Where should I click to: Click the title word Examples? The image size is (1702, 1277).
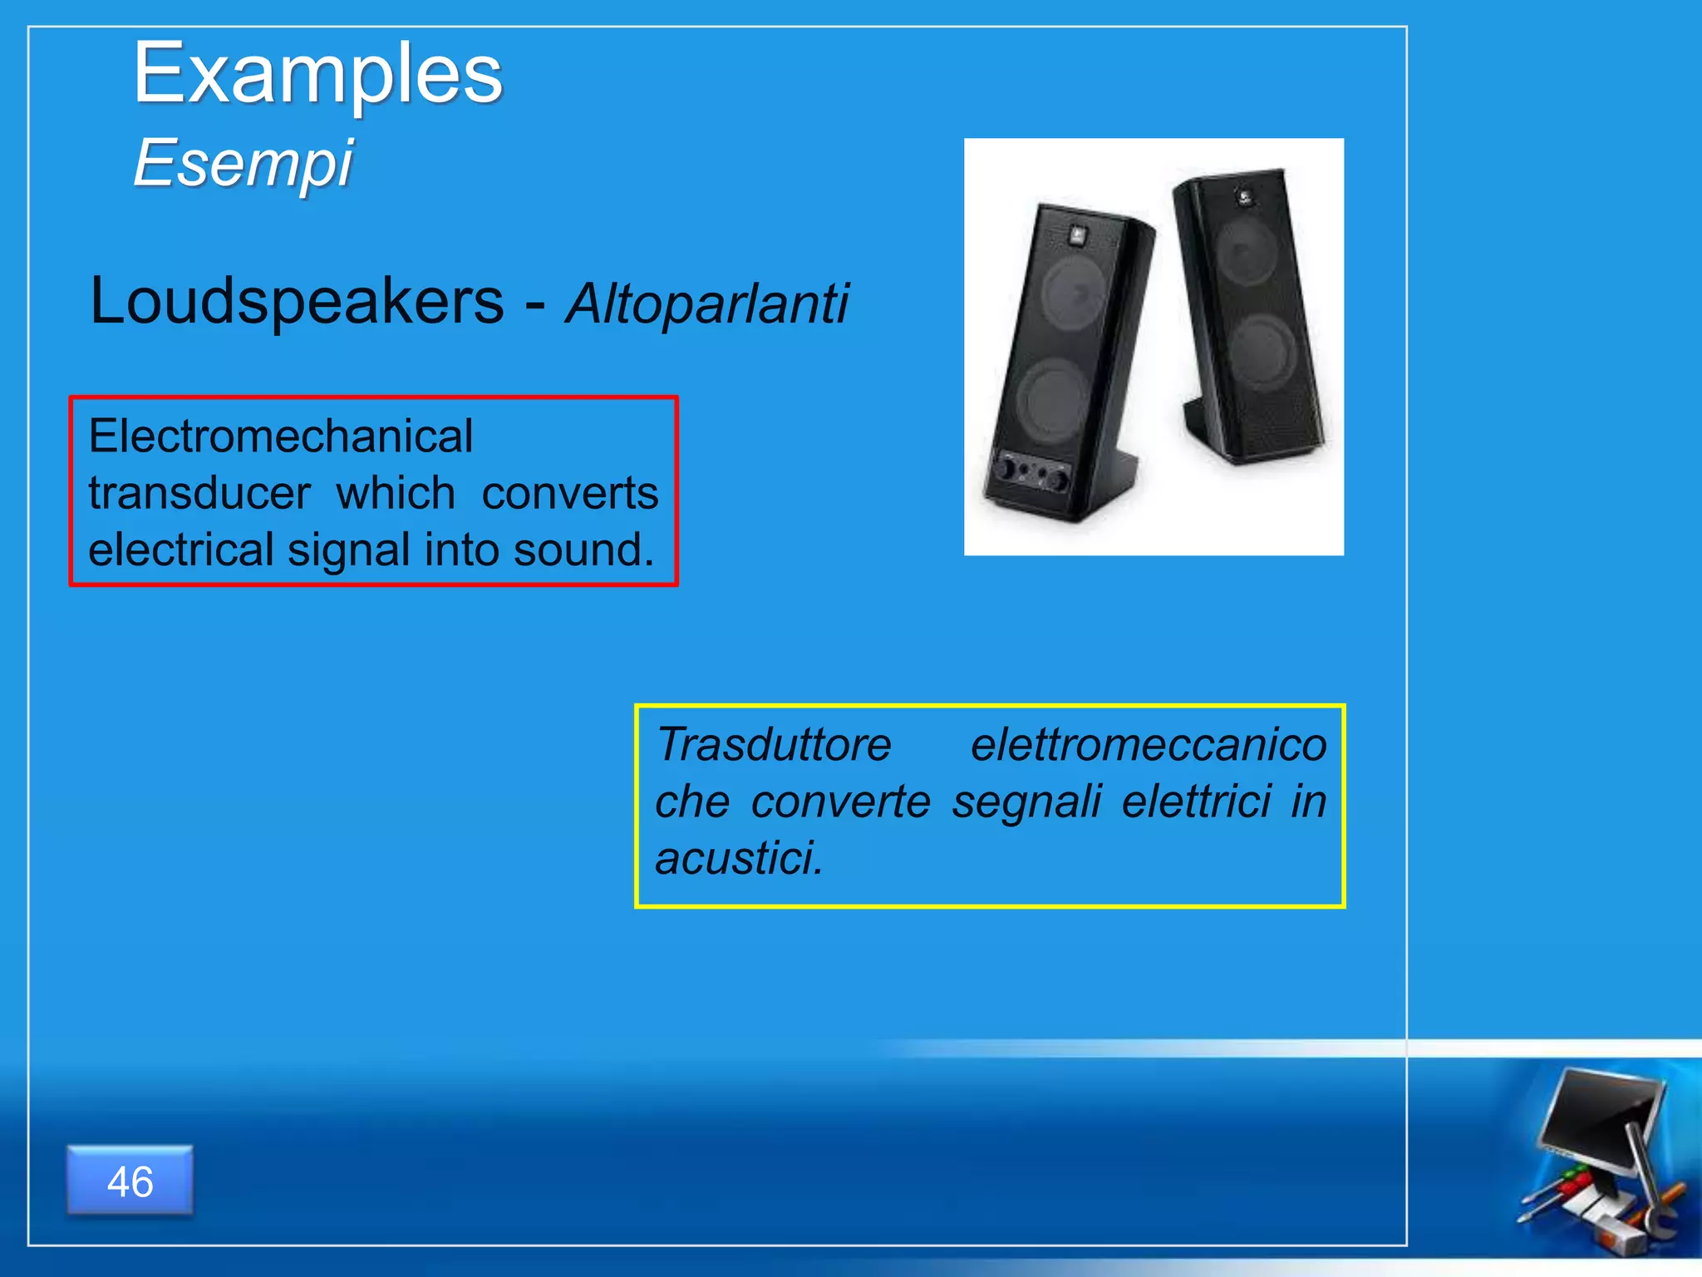pyautogui.click(x=317, y=75)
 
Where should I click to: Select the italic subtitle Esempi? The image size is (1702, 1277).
pyautogui.click(x=243, y=163)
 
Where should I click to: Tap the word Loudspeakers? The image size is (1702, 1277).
pyautogui.click(x=297, y=301)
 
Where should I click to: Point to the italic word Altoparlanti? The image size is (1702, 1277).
pyautogui.click(x=706, y=303)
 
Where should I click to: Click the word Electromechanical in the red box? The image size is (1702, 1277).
pyautogui.click(x=281, y=436)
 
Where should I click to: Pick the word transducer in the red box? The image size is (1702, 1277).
pyautogui.click(x=199, y=493)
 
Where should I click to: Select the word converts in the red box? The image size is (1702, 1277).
pyautogui.click(x=570, y=493)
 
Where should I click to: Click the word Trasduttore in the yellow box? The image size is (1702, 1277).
pyautogui.click(x=773, y=744)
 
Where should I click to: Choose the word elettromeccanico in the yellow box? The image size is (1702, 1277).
pyautogui.click(x=1149, y=744)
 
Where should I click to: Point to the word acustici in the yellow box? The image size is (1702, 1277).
pyautogui.click(x=738, y=858)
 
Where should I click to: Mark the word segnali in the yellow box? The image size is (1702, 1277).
pyautogui.click(x=1026, y=801)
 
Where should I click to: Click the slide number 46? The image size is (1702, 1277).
pyautogui.click(x=130, y=1181)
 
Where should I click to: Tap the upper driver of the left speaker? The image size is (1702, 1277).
pyautogui.click(x=1074, y=291)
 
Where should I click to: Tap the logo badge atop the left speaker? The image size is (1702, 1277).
pyautogui.click(x=1077, y=234)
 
